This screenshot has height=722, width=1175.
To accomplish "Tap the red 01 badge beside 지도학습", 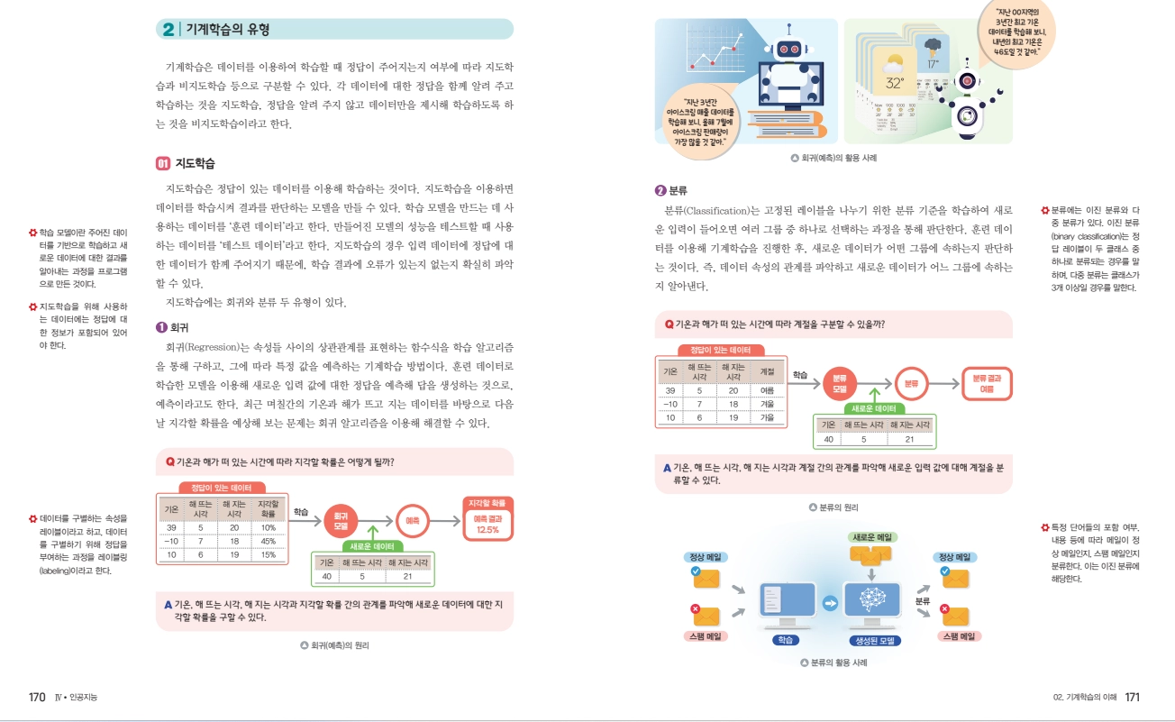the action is (x=163, y=164).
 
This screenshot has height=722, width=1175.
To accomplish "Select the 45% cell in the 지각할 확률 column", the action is (x=268, y=541).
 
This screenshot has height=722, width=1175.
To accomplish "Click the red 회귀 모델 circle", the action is (x=341, y=520).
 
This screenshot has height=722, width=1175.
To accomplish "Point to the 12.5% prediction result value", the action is (x=487, y=530).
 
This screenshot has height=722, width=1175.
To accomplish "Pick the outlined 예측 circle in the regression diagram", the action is (x=413, y=520).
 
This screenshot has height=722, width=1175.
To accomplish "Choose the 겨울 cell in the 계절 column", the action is (x=768, y=405).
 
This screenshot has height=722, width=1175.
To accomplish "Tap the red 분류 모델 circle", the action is (x=840, y=383).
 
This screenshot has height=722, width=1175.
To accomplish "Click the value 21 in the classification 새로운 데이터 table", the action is (x=909, y=439).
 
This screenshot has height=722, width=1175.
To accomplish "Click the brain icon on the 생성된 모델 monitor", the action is (x=871, y=599).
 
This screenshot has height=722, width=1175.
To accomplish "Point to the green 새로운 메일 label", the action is (x=871, y=537).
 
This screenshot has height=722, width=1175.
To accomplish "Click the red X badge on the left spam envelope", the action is (x=695, y=609).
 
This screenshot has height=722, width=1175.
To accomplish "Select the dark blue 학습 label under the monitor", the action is (x=785, y=640).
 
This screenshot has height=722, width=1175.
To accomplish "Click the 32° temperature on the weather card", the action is (x=895, y=83).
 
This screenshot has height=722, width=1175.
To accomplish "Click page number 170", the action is (x=37, y=697).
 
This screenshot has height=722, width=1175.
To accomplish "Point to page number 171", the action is (x=1133, y=697).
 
